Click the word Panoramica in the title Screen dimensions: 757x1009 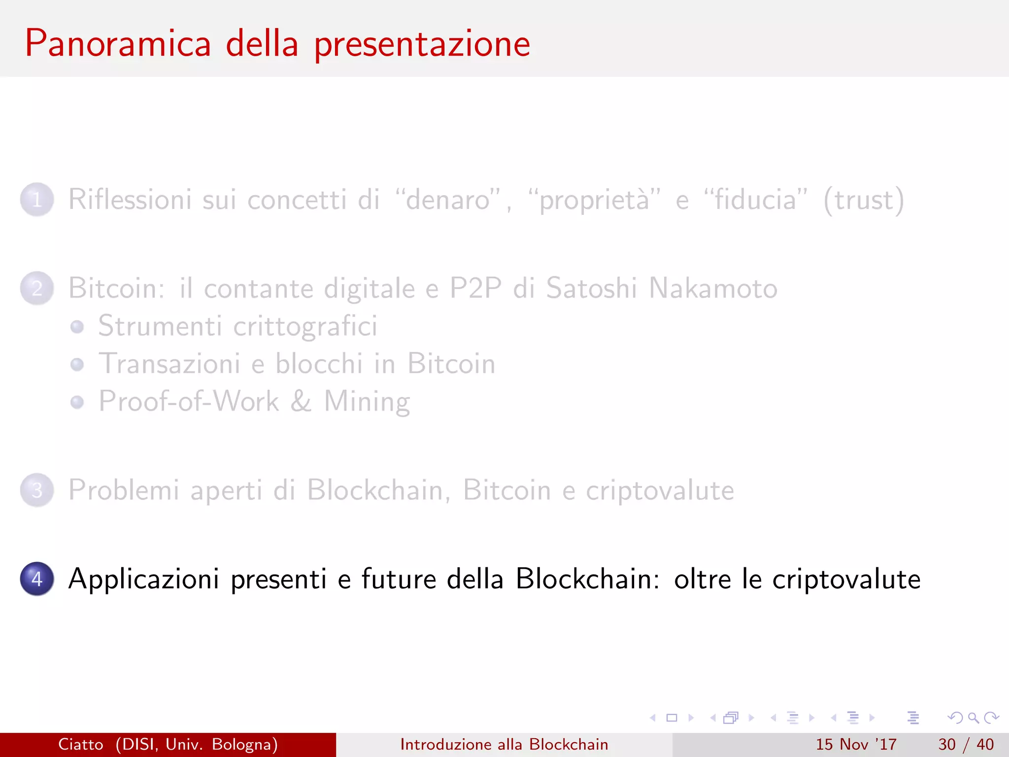click(118, 44)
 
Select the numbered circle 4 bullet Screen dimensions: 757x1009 click(37, 579)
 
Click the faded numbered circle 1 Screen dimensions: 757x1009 click(37, 200)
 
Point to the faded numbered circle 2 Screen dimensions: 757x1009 click(37, 288)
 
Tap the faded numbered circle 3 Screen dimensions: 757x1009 click(37, 490)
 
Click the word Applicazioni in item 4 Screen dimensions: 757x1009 click(143, 580)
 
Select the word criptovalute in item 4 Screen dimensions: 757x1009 click(846, 580)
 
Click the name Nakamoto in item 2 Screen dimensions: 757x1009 click(713, 288)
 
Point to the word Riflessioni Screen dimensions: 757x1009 click(130, 200)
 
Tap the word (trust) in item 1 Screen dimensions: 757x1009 click(864, 201)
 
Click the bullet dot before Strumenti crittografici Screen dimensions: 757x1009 click(77, 327)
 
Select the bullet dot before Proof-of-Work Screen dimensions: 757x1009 click(77, 402)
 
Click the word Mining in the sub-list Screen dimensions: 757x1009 click(367, 402)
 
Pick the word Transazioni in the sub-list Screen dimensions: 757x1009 click(169, 364)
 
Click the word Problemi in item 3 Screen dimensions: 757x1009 click(124, 491)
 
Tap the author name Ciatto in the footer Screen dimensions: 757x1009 click(81, 744)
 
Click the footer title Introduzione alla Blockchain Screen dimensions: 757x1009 click(504, 744)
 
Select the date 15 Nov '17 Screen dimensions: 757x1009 click(856, 744)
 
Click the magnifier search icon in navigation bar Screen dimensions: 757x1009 click(973, 718)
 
